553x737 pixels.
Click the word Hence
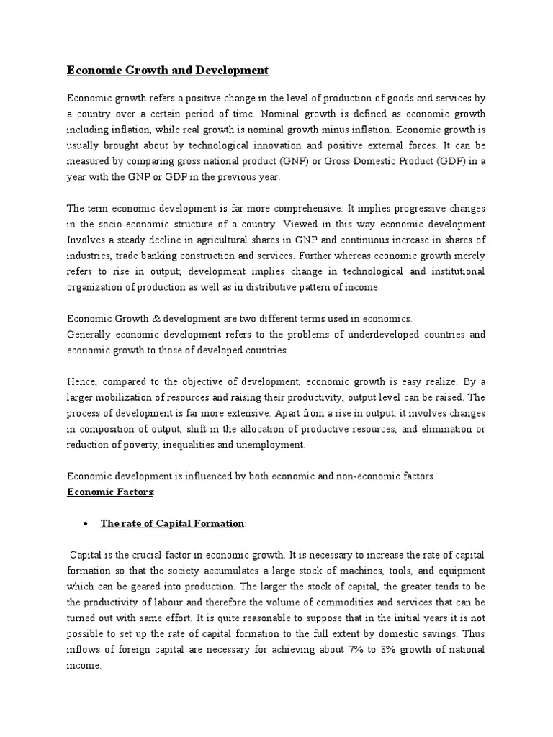tap(81, 381)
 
